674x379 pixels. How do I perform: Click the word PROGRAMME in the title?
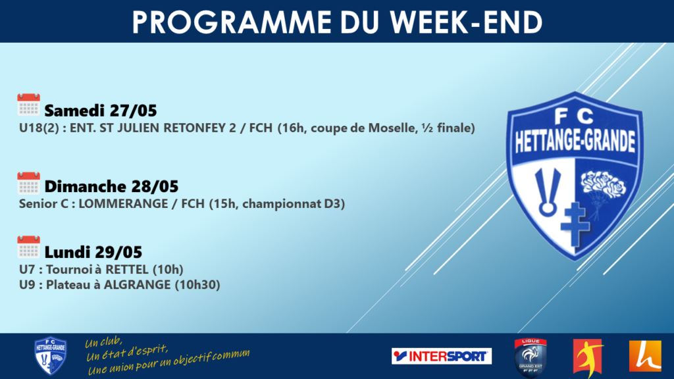pos(232,22)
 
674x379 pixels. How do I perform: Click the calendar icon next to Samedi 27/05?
pos(28,105)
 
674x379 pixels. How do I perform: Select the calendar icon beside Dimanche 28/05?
pos(28,183)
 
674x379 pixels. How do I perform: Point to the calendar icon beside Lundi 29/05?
pos(28,247)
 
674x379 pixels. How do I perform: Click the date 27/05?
pos(133,111)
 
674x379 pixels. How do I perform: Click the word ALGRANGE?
pos(137,285)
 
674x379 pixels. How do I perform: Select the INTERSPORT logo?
pos(442,356)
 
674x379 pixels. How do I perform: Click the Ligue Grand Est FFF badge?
pos(531,357)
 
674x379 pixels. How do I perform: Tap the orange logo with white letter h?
pos(645,356)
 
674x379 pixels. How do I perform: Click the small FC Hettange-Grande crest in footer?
pos(50,356)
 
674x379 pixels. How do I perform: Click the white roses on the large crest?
pos(603,184)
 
